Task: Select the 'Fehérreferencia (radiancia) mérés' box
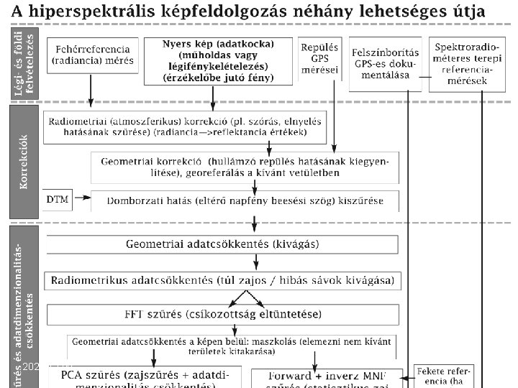pyautogui.click(x=93, y=55)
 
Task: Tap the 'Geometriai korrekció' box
pyautogui.click(x=245, y=167)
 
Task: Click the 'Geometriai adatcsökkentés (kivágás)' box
pyautogui.click(x=222, y=244)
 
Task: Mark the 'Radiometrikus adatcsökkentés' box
pyautogui.click(x=222, y=281)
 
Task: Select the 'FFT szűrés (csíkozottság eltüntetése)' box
pyautogui.click(x=222, y=315)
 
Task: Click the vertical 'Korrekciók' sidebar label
pyautogui.click(x=24, y=162)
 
